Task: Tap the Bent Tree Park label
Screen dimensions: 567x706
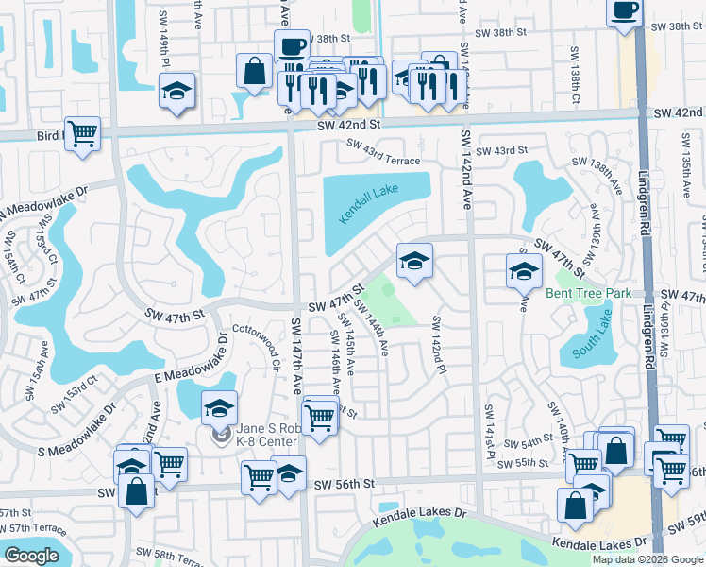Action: pos(588,293)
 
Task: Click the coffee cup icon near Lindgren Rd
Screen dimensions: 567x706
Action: pos(624,11)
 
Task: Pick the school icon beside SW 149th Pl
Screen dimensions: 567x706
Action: pos(176,91)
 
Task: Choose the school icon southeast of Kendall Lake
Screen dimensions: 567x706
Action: pos(413,261)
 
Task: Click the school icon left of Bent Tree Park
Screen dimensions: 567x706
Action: pos(523,271)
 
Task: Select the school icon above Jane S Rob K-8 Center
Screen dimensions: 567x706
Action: pos(219,407)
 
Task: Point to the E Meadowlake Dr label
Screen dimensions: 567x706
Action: pos(190,359)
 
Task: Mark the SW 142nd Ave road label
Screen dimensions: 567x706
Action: pos(466,169)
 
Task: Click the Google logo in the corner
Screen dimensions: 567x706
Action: pos(31,556)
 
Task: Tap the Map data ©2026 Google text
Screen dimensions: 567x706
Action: pos(647,559)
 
